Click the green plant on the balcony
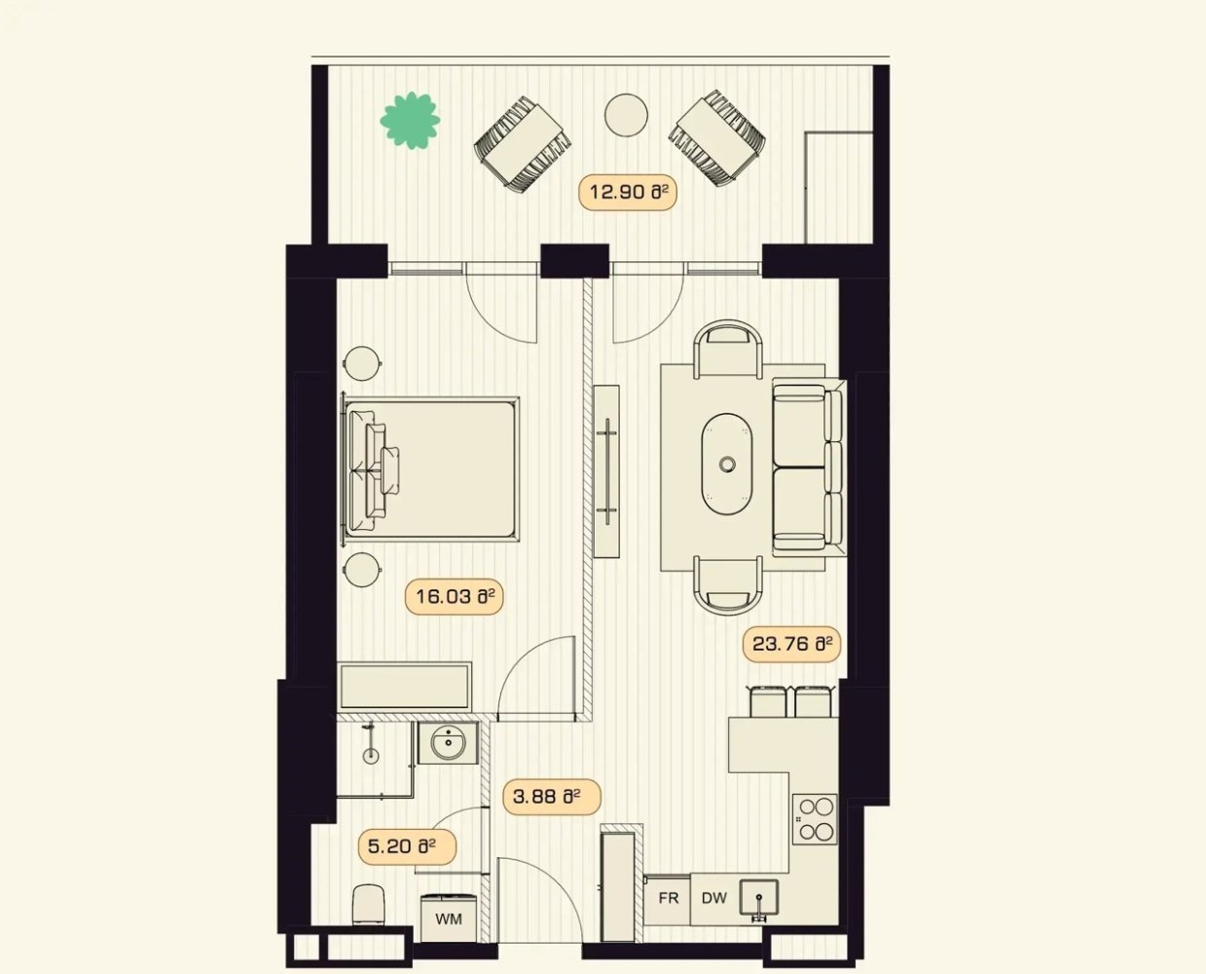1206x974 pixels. point(410,121)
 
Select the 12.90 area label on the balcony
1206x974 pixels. point(628,192)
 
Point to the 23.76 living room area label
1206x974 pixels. point(791,644)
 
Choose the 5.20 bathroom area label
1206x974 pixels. point(410,846)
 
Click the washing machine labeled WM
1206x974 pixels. point(449,918)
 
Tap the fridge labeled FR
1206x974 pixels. point(668,898)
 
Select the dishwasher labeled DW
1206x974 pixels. point(713,898)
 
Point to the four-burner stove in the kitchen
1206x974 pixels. point(816,818)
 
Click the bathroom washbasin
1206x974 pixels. point(448,744)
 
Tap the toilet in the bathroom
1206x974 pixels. point(368,904)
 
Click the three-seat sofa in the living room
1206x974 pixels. point(806,466)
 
